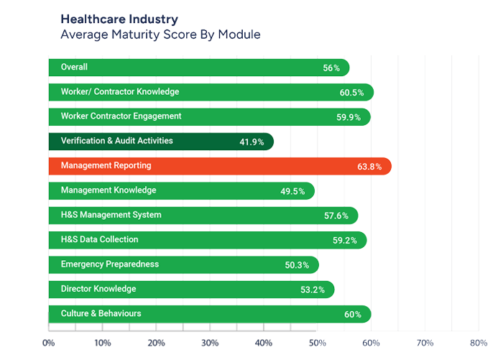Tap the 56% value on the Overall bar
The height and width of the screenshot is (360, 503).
coord(331,68)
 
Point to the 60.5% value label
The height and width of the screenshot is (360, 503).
coord(352,93)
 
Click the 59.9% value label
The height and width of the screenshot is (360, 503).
coord(349,117)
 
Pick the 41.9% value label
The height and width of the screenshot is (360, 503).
coord(251,142)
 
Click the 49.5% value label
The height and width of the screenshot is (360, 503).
coord(292,191)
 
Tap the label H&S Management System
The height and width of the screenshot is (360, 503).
coord(111,215)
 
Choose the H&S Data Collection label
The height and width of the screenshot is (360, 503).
coord(99,239)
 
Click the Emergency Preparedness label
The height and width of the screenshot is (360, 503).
coord(109,264)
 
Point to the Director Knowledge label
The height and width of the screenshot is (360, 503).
coord(98,289)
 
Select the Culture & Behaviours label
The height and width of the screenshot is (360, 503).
coord(101,313)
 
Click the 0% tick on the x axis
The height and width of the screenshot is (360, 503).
coord(48,342)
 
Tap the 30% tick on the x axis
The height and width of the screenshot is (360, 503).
coord(210,342)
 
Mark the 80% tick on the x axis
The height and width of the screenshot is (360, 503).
coord(478,342)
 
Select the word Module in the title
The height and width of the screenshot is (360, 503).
coord(241,34)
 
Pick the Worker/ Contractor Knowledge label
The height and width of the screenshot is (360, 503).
coord(120,92)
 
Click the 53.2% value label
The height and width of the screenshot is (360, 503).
coord(312,290)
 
